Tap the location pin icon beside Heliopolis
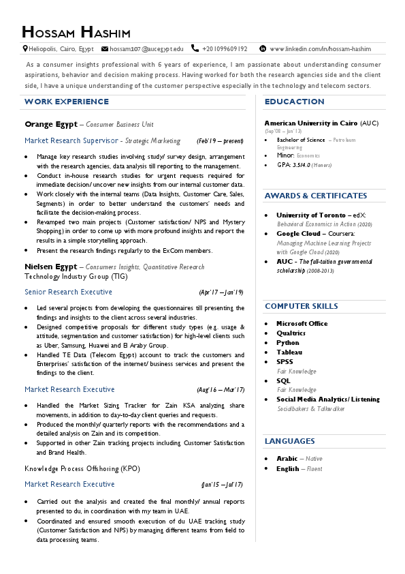(25, 49)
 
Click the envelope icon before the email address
(104, 49)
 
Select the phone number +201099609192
(225, 49)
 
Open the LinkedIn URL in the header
(320, 49)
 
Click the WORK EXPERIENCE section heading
(66, 102)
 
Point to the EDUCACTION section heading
(294, 102)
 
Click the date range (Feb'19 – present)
(220, 141)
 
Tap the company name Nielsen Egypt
(50, 267)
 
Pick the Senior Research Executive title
(68, 292)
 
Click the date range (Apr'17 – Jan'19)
(221, 292)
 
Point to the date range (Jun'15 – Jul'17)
(222, 485)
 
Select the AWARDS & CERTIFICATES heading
(316, 196)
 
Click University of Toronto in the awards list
(312, 215)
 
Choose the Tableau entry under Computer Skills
(289, 352)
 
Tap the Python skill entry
(287, 342)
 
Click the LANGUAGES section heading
(289, 441)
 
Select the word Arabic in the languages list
(287, 459)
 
